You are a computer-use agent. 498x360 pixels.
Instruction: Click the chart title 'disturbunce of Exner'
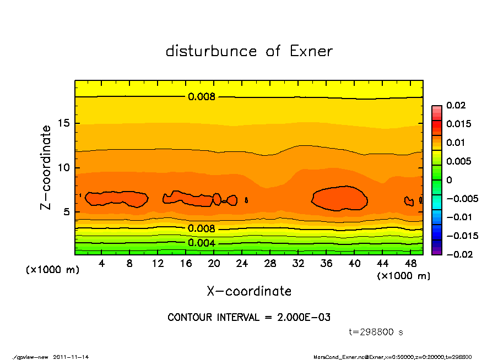[249, 52]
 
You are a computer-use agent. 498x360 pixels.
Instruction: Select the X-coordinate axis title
[249, 291]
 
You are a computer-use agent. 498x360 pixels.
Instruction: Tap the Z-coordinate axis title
[46, 167]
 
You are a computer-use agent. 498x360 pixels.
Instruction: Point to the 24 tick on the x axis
[242, 264]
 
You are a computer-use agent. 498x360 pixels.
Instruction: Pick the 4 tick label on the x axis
[102, 264]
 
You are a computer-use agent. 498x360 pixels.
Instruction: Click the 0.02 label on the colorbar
[457, 105]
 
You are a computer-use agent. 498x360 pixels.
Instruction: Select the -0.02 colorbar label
[458, 254]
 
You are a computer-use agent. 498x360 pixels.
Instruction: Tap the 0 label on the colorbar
[448, 180]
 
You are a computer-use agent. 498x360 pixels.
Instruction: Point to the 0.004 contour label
[202, 243]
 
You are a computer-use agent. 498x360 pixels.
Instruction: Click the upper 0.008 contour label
[202, 97]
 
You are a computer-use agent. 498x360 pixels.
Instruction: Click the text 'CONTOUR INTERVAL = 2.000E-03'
[249, 318]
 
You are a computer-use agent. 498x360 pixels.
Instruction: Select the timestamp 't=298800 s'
[376, 332]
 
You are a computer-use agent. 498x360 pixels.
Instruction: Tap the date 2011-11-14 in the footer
[71, 357]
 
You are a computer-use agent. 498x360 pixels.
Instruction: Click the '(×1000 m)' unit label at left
[53, 270]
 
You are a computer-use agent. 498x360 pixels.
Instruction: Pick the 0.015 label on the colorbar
[459, 124]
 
